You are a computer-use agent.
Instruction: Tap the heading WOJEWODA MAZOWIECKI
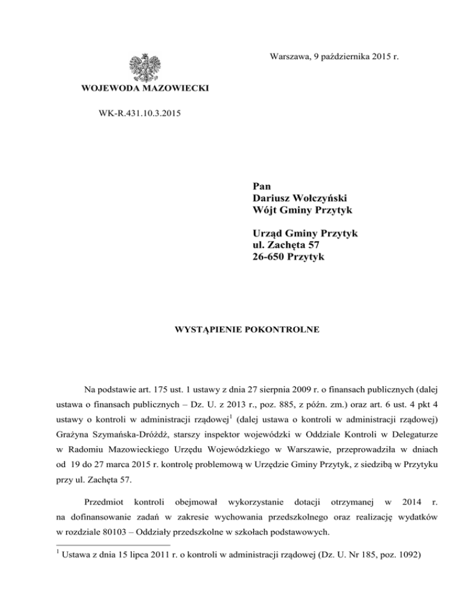(x=145, y=90)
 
